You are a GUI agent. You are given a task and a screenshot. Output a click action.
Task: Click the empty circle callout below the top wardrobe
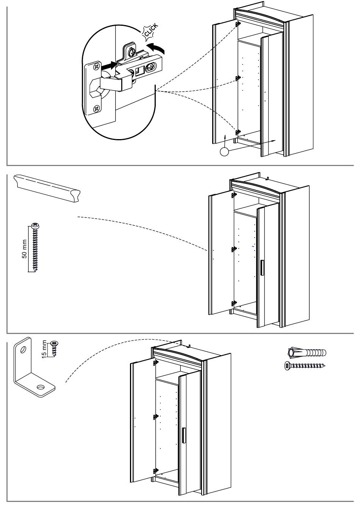click(225, 152)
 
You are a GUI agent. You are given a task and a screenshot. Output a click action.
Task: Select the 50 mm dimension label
click(25, 249)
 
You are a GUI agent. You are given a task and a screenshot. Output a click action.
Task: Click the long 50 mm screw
click(36, 247)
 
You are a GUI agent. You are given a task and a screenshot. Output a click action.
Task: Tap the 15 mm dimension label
click(45, 349)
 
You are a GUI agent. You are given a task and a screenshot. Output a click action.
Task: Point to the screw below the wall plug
click(305, 366)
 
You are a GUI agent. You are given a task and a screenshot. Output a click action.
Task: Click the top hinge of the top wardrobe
click(238, 24)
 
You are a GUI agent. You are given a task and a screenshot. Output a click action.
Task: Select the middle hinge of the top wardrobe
click(238, 78)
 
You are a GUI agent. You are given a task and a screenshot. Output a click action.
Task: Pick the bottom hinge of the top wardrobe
click(238, 132)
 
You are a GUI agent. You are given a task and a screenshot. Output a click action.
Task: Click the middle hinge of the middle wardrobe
click(234, 249)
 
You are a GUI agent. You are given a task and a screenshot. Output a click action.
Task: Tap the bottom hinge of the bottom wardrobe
click(155, 471)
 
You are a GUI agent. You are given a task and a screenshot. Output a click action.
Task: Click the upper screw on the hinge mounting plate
click(96, 67)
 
